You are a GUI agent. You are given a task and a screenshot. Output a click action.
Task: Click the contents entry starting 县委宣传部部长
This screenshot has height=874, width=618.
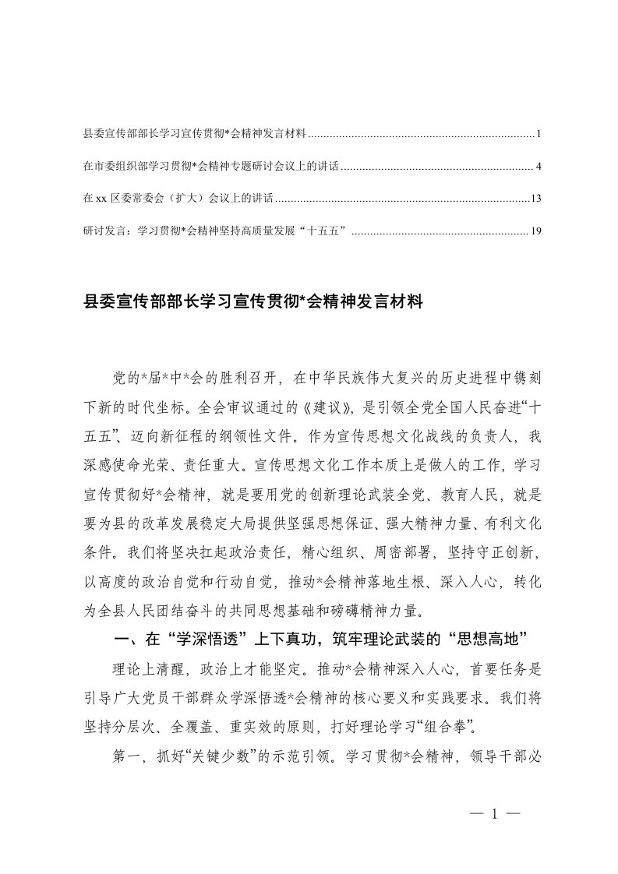point(195,135)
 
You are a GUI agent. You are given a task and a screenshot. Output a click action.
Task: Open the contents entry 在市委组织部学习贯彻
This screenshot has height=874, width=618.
point(211,167)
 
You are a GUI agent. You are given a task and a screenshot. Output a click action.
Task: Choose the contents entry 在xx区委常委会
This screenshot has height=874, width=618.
point(178,199)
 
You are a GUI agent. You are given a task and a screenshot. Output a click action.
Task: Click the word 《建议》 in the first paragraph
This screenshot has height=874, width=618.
point(302,426)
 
